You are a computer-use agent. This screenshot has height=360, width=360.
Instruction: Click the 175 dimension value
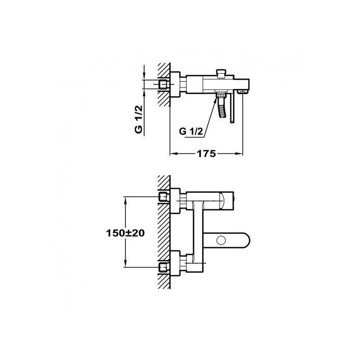(x=206, y=154)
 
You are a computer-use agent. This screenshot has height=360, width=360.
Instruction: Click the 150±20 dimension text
(x=125, y=233)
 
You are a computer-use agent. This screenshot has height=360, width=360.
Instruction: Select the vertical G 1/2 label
(x=139, y=119)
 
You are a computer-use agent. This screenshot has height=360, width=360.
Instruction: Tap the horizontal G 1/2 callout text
(x=191, y=132)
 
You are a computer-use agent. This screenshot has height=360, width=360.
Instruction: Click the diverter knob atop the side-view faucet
(x=221, y=74)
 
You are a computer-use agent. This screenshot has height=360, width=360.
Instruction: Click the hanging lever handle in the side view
(x=232, y=106)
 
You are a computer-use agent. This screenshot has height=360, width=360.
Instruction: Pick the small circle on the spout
(x=221, y=241)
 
